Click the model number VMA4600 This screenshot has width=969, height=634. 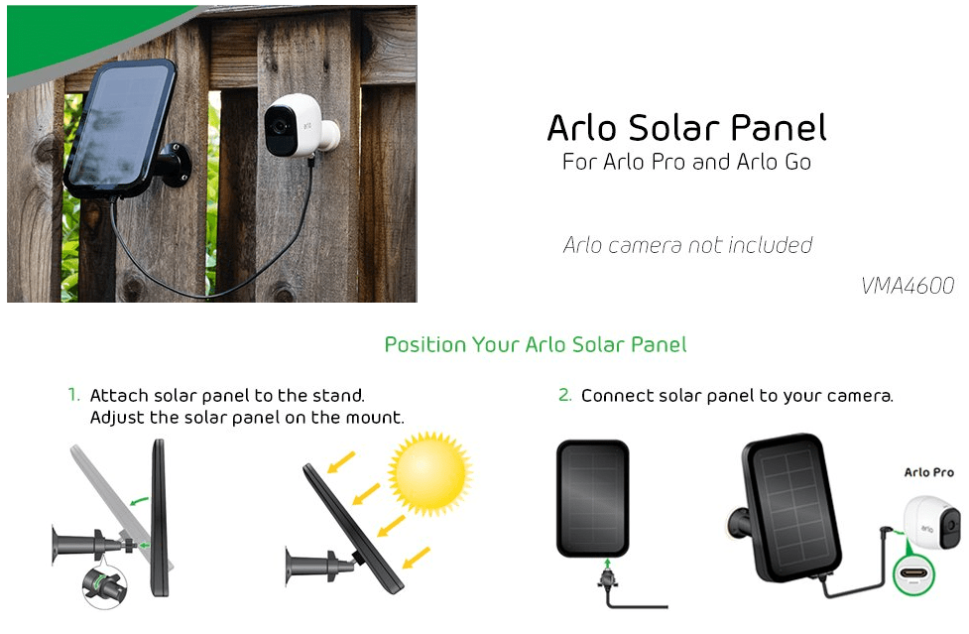coord(908,286)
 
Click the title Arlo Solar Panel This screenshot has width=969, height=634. coord(686,129)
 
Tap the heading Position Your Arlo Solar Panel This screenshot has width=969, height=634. coord(536,345)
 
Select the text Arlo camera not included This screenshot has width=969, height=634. coord(687,245)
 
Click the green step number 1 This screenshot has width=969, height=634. coord(73,395)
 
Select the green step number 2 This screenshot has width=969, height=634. coord(564,395)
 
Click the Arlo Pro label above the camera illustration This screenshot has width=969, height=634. coord(928,472)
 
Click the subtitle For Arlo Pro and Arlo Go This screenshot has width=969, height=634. coord(686,162)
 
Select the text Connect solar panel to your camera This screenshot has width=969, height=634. coord(737,396)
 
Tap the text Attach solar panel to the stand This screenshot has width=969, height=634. coord(227,396)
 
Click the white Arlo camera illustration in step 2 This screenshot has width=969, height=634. coord(935,519)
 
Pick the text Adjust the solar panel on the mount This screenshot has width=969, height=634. coord(247,418)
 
